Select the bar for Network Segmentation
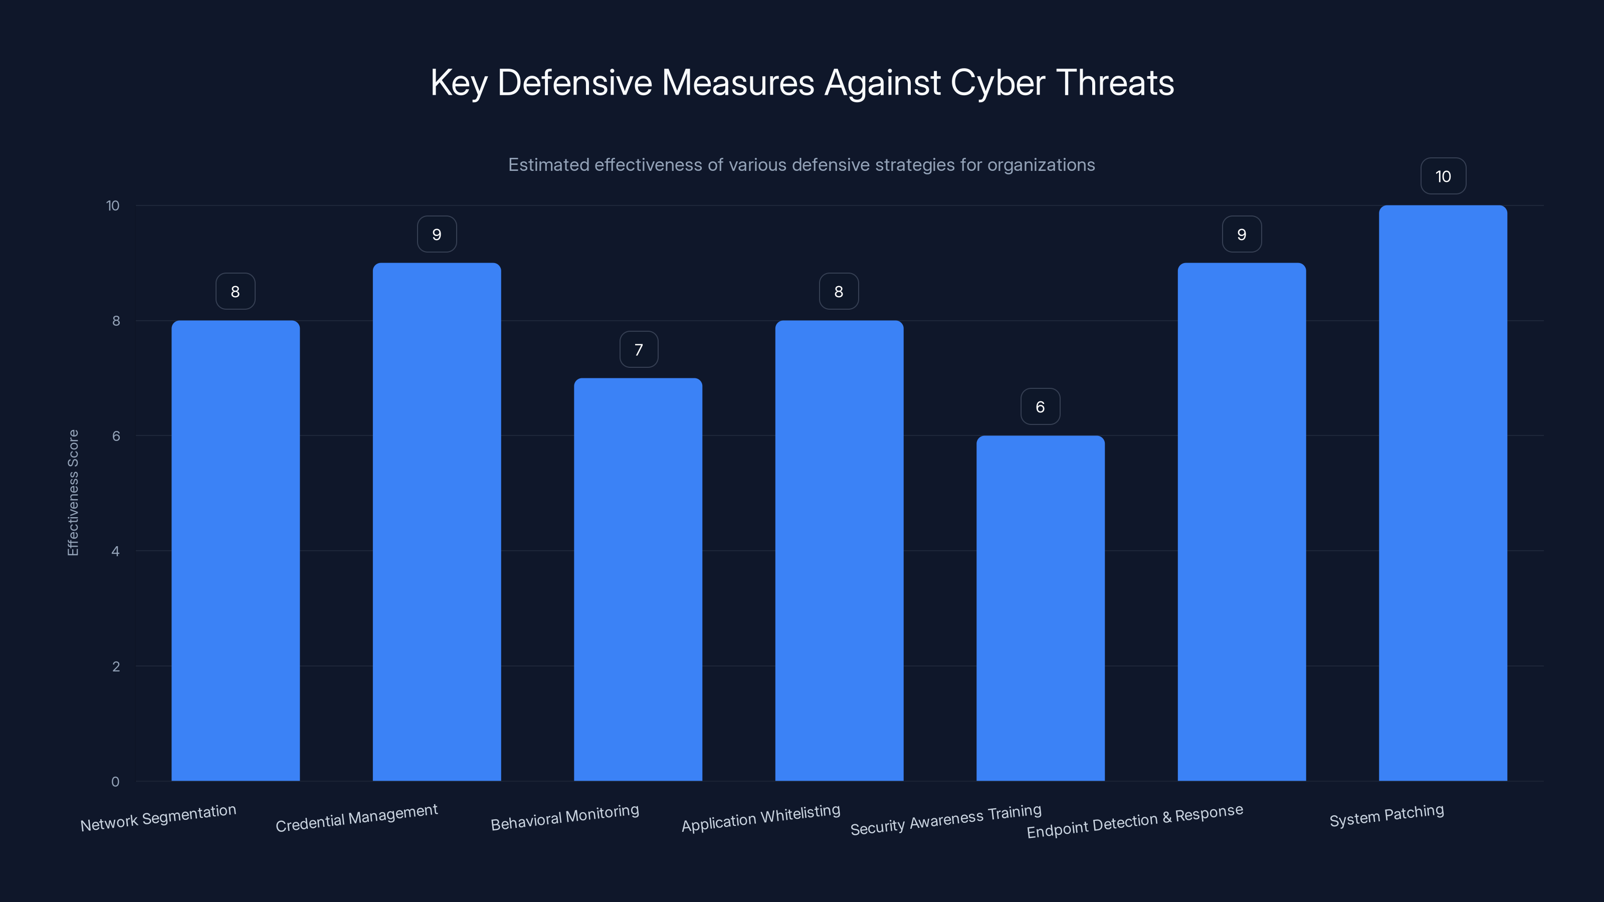pos(236,550)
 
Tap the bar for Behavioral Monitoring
pos(638,579)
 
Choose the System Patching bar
pos(1443,493)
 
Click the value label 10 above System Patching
pos(1443,176)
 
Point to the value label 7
pos(638,349)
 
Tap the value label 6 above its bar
pos(1040,406)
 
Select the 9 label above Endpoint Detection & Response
pos(1242,234)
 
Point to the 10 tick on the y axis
pos(113,205)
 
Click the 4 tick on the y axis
pos(115,551)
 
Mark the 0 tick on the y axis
pos(115,781)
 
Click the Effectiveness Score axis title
pos(73,493)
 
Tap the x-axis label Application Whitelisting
pos(761,818)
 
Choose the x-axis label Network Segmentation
pos(158,818)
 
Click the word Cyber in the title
pos(997,83)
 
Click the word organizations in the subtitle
pos(1041,165)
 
